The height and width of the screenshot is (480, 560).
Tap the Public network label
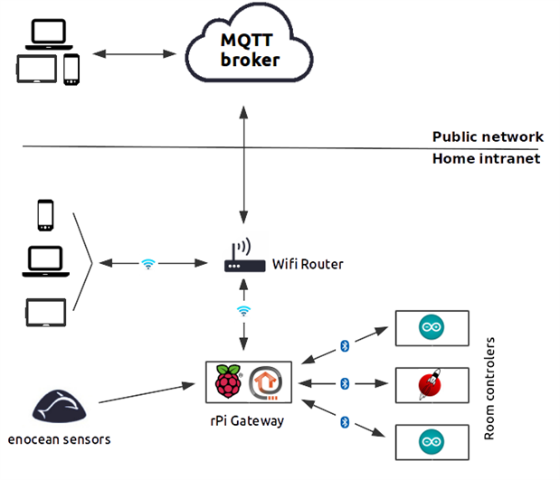pos(487,137)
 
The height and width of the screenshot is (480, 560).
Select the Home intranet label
pos(486,158)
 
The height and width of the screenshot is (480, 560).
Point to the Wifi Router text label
pos(308,265)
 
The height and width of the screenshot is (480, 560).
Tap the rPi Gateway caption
pos(246,419)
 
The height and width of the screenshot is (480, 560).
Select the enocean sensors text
pos(59,439)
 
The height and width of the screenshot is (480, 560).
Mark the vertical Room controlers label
pos(490,389)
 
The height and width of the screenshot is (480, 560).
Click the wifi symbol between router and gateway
pos(242,310)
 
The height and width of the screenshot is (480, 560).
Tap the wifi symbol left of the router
pos(148,264)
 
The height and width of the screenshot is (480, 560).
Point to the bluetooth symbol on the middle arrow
pos(344,384)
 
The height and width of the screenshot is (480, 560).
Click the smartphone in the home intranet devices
pos(43,216)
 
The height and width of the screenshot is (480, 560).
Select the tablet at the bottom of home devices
pos(43,311)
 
